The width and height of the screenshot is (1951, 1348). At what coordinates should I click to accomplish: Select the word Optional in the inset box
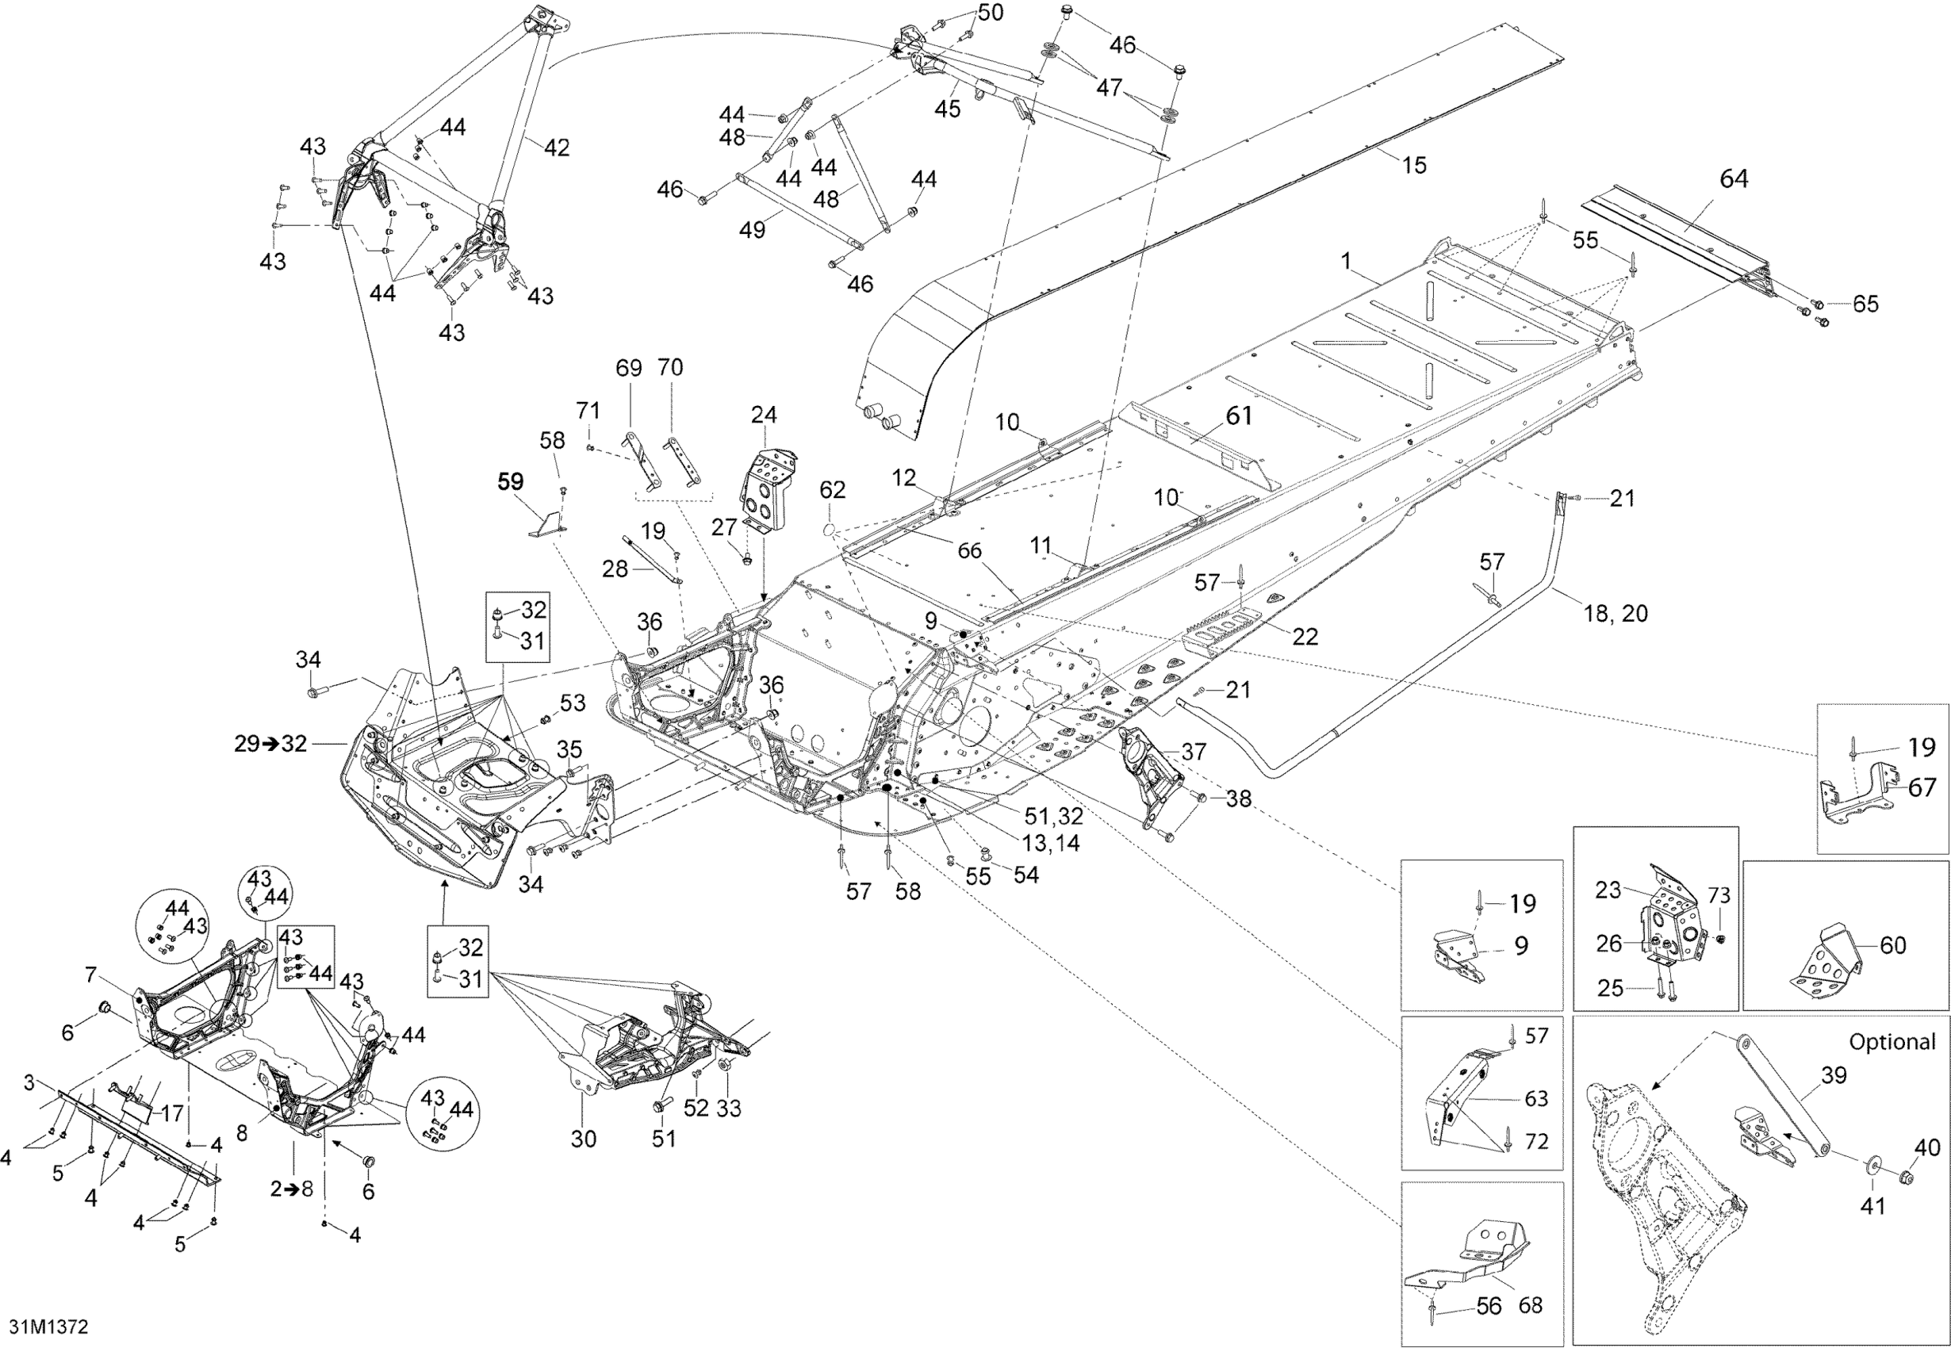coord(1892,1042)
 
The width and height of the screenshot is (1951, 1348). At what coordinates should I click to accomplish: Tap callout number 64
coord(1733,179)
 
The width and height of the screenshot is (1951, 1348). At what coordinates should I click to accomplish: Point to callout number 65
coord(1865,304)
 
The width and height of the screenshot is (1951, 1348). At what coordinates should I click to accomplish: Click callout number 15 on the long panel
coord(1414,165)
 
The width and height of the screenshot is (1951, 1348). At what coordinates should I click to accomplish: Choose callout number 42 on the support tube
coord(556,147)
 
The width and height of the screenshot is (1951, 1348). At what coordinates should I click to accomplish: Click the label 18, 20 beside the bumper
coord(1616,614)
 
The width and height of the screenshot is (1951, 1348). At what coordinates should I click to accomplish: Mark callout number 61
coord(1239,416)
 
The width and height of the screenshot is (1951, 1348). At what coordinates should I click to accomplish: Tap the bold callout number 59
coord(510,482)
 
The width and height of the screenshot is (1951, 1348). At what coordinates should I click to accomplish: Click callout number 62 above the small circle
coord(832,490)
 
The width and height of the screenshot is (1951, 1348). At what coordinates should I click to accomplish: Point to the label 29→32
coord(270,744)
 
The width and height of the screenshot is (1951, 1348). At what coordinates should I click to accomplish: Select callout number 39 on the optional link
coord(1834,1075)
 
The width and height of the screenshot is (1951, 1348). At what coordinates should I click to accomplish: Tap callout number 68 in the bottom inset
coord(1531,1306)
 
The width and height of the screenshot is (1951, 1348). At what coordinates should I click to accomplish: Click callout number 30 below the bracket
coord(584,1139)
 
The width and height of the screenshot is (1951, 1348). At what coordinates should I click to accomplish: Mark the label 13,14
coord(1050,843)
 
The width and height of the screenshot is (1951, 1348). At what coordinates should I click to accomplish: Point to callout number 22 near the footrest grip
coord(1305,637)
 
